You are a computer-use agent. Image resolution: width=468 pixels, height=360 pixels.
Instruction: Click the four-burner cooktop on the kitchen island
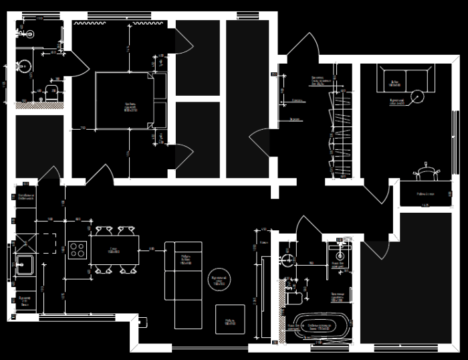[x=77, y=250]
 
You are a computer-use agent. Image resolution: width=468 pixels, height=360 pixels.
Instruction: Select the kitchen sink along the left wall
[x=24, y=264]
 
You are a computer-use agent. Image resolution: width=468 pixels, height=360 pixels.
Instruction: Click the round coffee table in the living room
[x=220, y=279]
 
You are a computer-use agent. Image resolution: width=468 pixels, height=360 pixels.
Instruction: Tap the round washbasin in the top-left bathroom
[x=25, y=66]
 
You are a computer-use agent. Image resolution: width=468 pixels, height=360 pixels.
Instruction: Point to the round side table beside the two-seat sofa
[x=419, y=96]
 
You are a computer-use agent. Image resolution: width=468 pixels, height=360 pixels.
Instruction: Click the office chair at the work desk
[x=427, y=171]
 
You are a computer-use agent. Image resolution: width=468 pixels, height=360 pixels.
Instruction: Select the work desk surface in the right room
[x=426, y=194]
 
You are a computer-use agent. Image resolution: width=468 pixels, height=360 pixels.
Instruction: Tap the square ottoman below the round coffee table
[x=230, y=319]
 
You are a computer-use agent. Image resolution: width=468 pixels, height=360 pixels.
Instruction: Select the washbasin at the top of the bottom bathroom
[x=340, y=254]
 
